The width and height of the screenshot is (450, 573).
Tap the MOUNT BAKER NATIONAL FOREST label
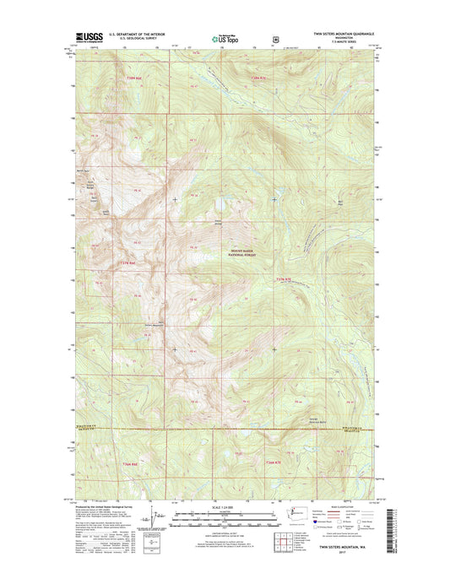(242, 252)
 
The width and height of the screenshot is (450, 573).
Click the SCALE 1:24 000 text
(225, 506)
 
